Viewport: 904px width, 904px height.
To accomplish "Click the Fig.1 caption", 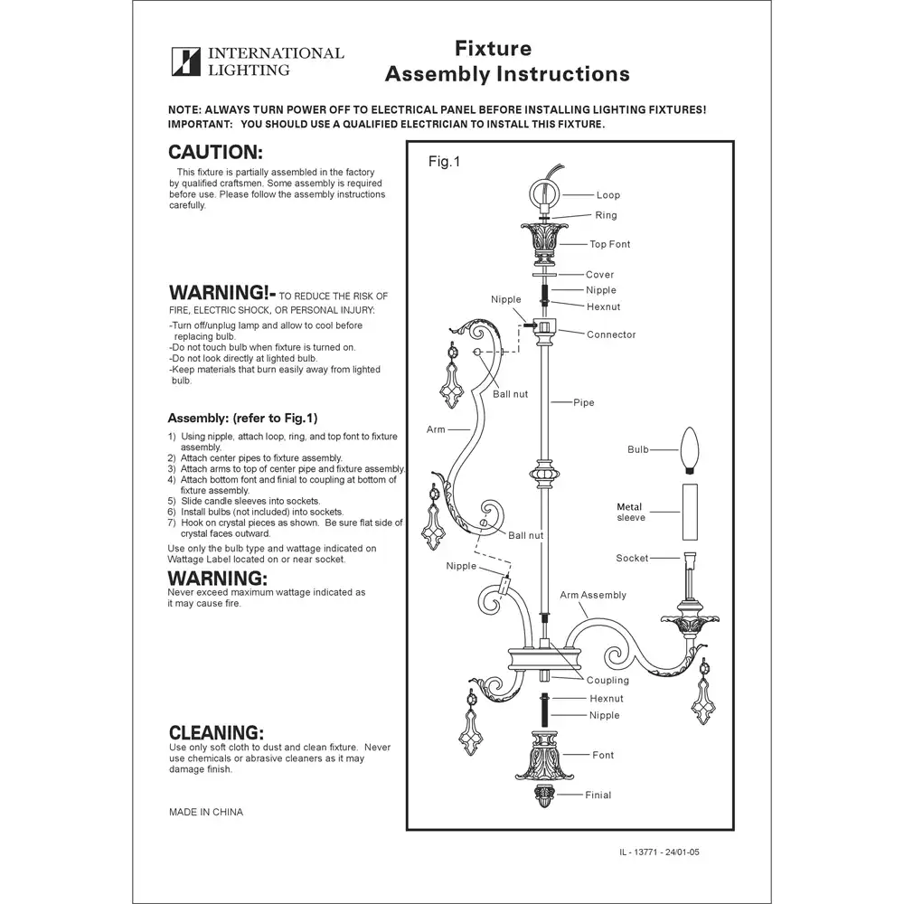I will click(444, 163).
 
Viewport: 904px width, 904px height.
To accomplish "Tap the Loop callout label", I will click(607, 195).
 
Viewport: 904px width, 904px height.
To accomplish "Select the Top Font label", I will click(610, 244).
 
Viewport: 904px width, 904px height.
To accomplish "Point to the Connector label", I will click(611, 334).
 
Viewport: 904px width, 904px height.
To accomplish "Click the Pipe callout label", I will click(584, 402).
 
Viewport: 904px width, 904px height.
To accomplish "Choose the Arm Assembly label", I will click(593, 595).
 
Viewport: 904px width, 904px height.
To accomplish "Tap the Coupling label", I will click(607, 681).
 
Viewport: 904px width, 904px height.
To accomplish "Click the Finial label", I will click(598, 796).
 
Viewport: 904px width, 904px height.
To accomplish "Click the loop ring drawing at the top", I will click(544, 192).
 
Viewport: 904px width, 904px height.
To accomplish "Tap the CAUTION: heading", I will click(216, 152).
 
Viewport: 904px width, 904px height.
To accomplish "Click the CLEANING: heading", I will click(216, 732).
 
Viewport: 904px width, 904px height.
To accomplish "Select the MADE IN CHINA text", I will click(206, 812).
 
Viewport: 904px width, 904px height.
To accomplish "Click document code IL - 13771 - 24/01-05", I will click(661, 852).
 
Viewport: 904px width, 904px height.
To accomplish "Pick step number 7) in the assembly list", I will click(172, 523).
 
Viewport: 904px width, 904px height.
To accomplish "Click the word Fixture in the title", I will click(493, 48).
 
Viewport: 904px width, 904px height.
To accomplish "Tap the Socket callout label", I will click(632, 559).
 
